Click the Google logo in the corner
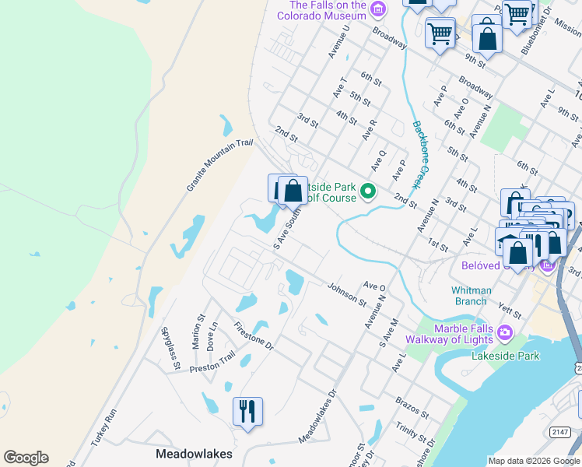click(x=26, y=458)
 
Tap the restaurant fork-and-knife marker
click(x=247, y=411)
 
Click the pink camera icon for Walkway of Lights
click(x=505, y=334)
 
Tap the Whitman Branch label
click(x=471, y=296)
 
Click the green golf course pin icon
click(x=370, y=190)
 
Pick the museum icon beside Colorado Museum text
click(x=378, y=9)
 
